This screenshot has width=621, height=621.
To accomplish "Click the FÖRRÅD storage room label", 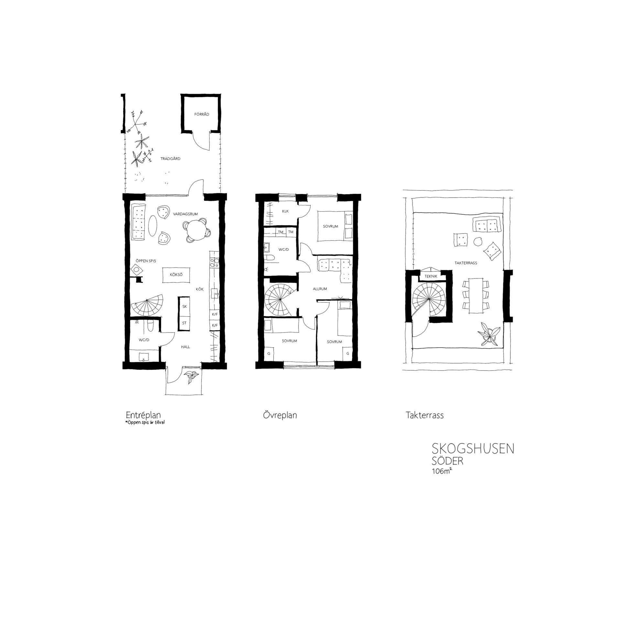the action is [202, 114].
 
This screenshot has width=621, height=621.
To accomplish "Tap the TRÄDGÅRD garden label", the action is [170, 159].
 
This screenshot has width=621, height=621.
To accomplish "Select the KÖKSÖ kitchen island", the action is [176, 275].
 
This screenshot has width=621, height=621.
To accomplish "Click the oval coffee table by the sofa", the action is [153, 226].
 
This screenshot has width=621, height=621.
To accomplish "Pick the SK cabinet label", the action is [185, 306].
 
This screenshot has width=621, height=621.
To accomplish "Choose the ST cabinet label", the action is [184, 323].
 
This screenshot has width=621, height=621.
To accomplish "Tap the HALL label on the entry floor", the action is [185, 347].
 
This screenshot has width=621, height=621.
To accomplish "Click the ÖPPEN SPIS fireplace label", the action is [146, 261].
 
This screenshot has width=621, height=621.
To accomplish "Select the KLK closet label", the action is [285, 211].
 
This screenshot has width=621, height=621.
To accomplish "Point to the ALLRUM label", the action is [320, 289].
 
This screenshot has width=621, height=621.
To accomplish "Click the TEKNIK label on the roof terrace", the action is [431, 276].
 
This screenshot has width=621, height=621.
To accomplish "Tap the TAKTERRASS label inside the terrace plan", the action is [466, 263].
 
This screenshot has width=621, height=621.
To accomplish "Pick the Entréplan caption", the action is [143, 415].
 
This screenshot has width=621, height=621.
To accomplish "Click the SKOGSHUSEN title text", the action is [473, 449].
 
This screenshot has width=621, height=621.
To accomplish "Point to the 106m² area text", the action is [441, 471].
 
